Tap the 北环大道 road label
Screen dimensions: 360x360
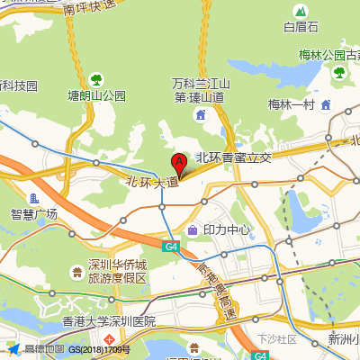click(152, 181)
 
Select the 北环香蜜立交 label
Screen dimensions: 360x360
click(233, 157)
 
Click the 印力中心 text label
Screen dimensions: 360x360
click(226, 229)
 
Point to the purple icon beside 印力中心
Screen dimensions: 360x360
click(193, 229)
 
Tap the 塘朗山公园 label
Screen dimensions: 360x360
click(97, 95)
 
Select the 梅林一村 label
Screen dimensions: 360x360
click(290, 104)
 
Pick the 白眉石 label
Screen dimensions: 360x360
click(301, 27)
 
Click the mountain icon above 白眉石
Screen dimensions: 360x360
click(301, 11)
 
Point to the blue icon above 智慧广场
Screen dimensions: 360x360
click(34, 197)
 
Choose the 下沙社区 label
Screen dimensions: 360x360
click(276, 339)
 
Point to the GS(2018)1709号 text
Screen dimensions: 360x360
click(100, 349)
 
